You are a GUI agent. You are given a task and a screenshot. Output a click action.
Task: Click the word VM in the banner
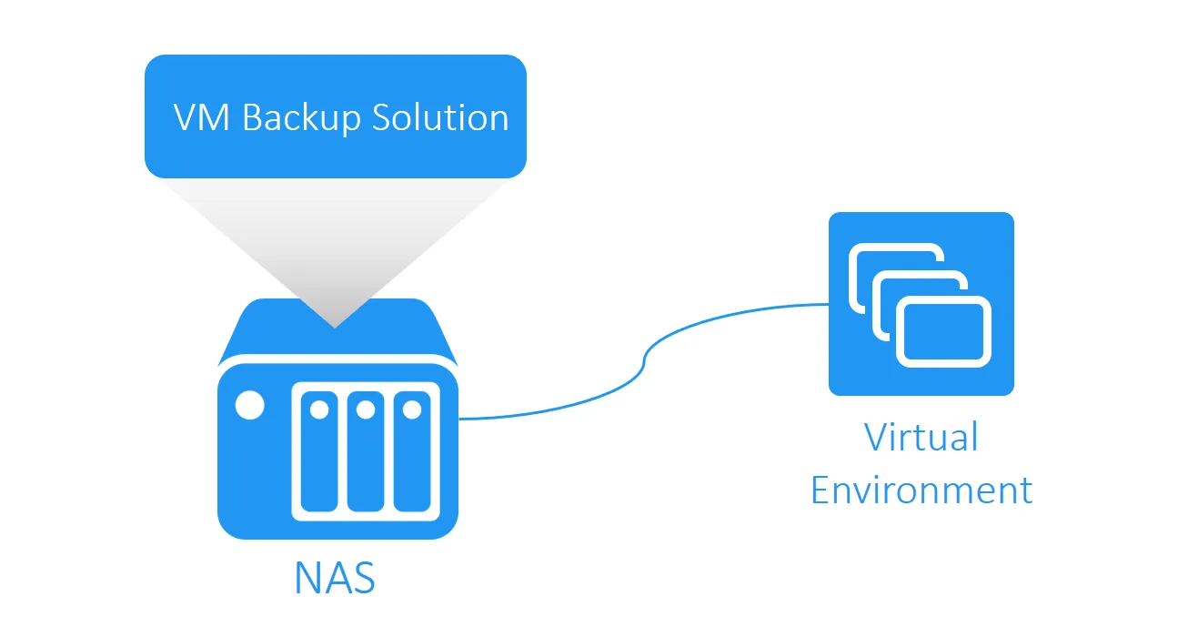(x=201, y=118)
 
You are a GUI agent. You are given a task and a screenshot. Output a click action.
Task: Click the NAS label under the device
(x=335, y=578)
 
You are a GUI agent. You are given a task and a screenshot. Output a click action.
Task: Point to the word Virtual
(x=921, y=437)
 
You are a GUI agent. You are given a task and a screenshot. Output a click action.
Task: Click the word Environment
(x=921, y=490)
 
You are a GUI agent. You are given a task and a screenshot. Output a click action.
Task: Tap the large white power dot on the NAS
(x=249, y=406)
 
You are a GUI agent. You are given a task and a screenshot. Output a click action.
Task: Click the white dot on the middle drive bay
(x=365, y=409)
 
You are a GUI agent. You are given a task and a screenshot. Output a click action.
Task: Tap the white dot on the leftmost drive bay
(x=318, y=409)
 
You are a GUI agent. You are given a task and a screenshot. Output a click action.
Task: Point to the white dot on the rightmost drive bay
(x=411, y=409)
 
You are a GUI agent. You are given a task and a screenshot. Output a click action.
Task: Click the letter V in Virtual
(x=875, y=437)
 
